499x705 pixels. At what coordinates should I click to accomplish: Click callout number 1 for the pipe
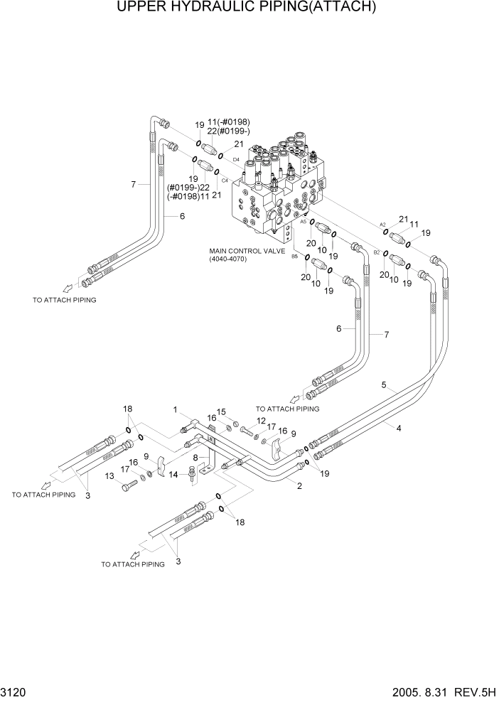(174, 409)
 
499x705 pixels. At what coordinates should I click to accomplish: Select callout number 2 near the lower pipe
(299, 486)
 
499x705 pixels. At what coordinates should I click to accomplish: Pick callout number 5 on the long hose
(384, 386)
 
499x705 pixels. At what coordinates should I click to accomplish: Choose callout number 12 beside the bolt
(262, 421)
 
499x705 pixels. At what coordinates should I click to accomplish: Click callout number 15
(221, 412)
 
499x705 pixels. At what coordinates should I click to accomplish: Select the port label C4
(224, 181)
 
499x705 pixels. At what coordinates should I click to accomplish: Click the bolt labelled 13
(132, 486)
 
